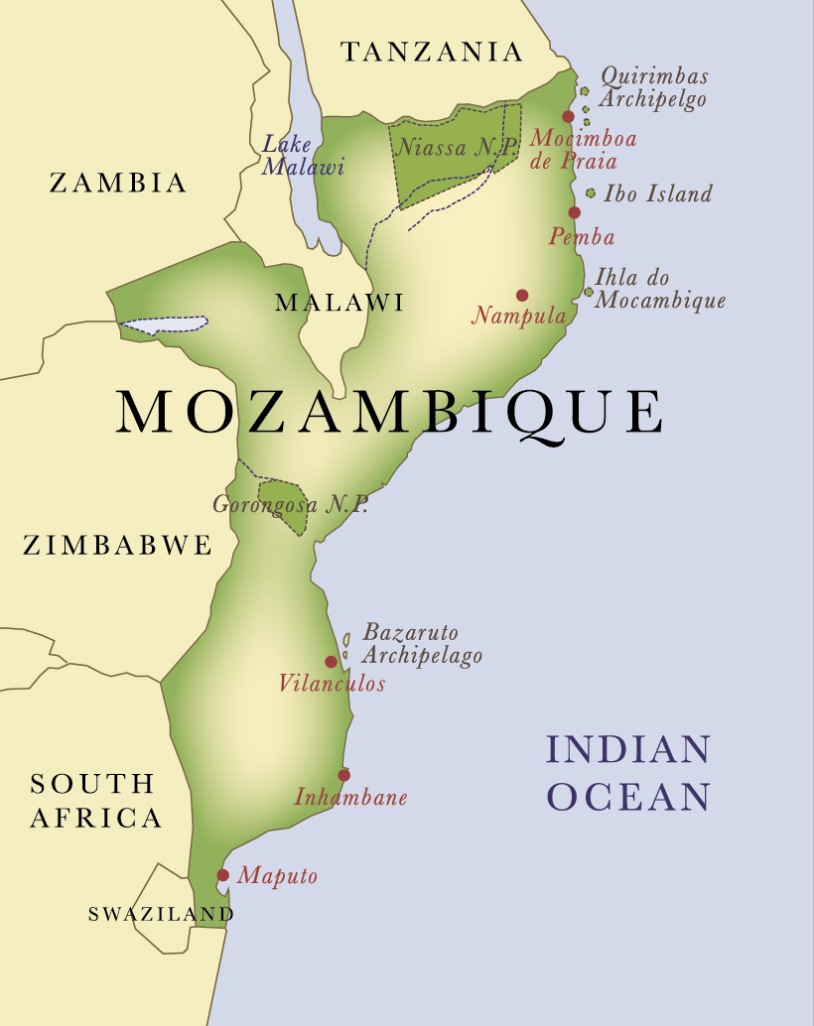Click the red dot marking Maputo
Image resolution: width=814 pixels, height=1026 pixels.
[222, 875]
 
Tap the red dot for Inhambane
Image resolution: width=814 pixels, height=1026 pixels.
[343, 775]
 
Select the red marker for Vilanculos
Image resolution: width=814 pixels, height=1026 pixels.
[331, 662]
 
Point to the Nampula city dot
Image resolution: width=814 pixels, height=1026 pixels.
[522, 295]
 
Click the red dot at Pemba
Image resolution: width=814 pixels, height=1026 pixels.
[574, 212]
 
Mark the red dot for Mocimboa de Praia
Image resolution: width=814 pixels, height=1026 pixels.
[568, 116]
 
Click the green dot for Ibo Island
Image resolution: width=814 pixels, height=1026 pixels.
[591, 193]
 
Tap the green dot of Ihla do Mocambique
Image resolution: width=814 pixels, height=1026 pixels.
[589, 292]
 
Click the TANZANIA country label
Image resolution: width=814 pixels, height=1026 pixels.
[432, 52]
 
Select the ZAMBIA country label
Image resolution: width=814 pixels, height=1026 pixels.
[118, 183]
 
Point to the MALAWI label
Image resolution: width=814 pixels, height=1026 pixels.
[339, 303]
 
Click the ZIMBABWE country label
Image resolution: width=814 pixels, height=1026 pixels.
[118, 545]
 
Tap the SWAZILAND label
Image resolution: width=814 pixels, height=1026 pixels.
[161, 914]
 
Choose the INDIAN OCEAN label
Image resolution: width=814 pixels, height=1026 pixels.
[629, 773]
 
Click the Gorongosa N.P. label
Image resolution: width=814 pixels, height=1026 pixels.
[290, 504]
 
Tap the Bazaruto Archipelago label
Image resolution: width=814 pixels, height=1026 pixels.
[422, 644]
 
